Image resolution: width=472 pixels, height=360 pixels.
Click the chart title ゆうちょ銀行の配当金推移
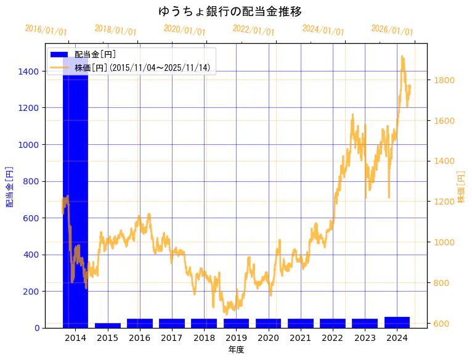point(230,12)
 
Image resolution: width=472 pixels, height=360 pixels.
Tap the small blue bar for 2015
point(108,325)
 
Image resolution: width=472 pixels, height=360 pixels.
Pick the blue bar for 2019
point(236,323)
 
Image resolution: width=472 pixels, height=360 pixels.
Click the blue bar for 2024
point(397,322)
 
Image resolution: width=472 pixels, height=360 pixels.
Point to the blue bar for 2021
point(300,323)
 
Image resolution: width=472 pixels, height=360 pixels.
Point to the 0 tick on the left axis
point(38,328)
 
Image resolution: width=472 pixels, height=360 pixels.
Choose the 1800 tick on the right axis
point(444,80)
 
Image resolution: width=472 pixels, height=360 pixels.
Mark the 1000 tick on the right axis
point(444,242)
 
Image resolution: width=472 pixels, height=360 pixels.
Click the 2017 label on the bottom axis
point(172,338)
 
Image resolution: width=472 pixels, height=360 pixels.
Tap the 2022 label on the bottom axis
point(333,338)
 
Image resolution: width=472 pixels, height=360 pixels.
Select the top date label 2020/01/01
point(184,30)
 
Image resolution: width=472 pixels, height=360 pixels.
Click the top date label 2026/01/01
point(392,30)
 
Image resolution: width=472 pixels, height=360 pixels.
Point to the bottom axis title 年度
point(236,350)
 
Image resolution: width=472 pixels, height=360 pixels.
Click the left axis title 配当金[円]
point(10,186)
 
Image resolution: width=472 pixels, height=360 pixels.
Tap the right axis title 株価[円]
point(462,186)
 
